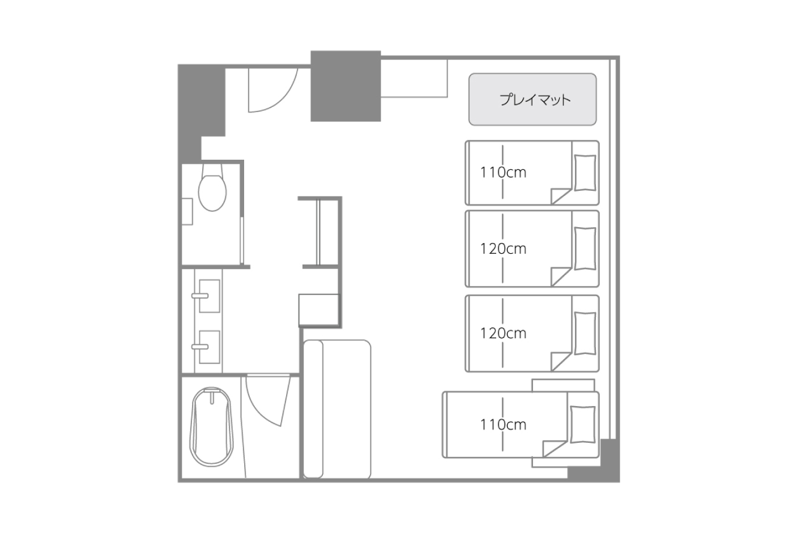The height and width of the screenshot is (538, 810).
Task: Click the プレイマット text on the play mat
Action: [535, 100]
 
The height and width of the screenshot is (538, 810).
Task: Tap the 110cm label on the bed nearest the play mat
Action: [503, 173]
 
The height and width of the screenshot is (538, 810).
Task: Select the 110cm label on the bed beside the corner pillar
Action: [503, 425]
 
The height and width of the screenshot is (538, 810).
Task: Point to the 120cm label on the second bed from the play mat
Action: [503, 249]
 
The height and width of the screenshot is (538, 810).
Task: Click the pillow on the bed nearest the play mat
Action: [585, 173]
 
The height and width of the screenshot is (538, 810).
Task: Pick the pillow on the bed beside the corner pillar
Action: [582, 425]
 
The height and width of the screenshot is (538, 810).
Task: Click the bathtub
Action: [211, 427]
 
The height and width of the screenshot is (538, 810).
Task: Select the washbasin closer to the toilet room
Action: [209, 296]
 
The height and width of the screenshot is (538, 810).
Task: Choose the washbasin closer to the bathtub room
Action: [209, 347]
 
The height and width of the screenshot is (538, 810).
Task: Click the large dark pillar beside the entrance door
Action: [346, 86]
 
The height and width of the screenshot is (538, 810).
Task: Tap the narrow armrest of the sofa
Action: [313, 409]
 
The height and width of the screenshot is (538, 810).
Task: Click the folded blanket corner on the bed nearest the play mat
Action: [561, 197]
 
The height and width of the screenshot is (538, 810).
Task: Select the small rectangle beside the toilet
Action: [187, 211]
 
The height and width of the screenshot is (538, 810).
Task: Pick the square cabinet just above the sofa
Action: [319, 310]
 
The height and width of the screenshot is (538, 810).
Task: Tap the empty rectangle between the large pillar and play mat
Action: [415, 79]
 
